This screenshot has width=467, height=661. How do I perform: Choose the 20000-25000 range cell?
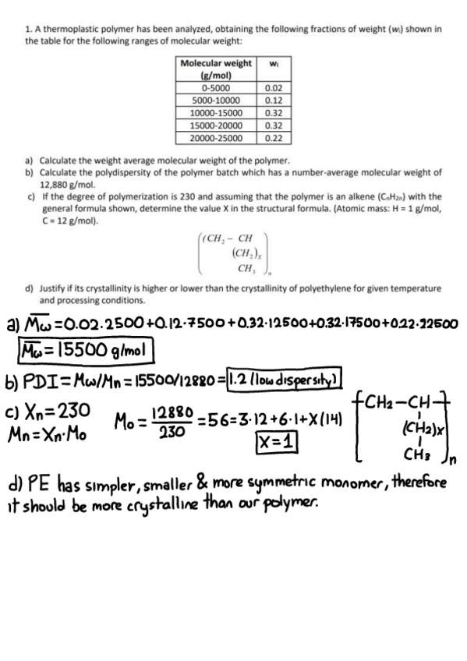tap(215, 138)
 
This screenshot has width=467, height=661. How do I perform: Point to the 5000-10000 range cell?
tap(215, 101)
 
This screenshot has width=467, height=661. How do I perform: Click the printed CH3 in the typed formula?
tap(245, 268)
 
